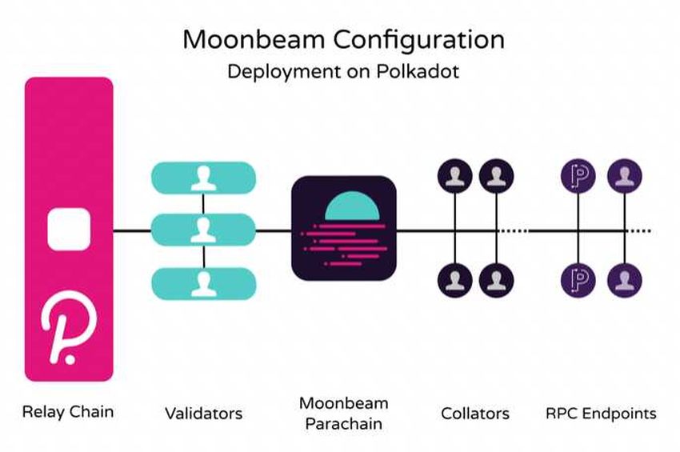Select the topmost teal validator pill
pyautogui.click(x=203, y=177)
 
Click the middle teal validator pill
pyautogui.click(x=203, y=230)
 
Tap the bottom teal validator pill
pyautogui.click(x=203, y=283)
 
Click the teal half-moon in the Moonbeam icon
pyautogui.click(x=345, y=207)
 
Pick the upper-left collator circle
pyautogui.click(x=455, y=175)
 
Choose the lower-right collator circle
pyautogui.click(x=496, y=282)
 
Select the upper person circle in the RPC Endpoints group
pyautogui.click(x=625, y=175)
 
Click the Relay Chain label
pyautogui.click(x=68, y=412)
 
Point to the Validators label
pyautogui.click(x=203, y=414)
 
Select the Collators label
pyautogui.click(x=475, y=414)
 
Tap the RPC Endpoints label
pyautogui.click(x=601, y=414)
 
